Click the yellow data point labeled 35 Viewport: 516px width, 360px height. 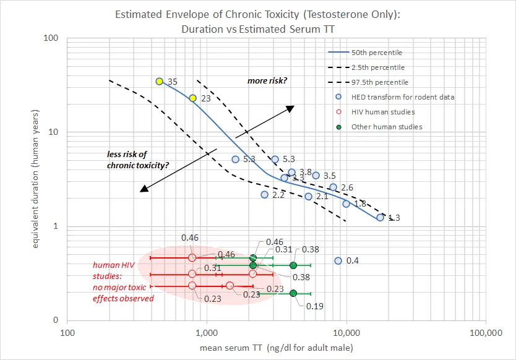pyautogui.click(x=160, y=82)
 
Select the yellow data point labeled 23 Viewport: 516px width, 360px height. pyautogui.click(x=193, y=98)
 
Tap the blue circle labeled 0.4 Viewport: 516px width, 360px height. pyautogui.click(x=338, y=261)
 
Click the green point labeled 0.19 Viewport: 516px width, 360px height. pyautogui.click(x=293, y=293)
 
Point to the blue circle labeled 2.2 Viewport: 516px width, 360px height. pyautogui.click(x=265, y=195)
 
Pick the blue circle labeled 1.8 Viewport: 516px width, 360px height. pyautogui.click(x=346, y=204)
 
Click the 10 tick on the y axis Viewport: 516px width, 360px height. pyautogui.click(x=54, y=132)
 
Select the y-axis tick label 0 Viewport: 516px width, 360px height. pyautogui.click(x=56, y=320)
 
